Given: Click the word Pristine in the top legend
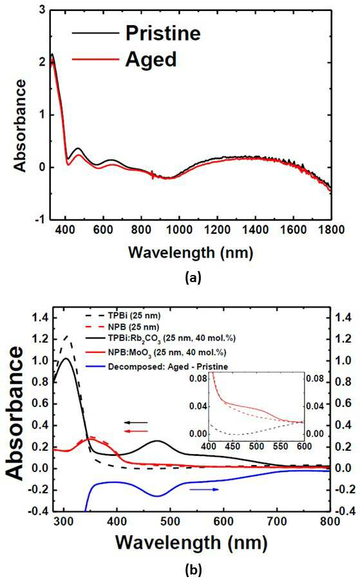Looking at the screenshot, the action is click(x=163, y=33).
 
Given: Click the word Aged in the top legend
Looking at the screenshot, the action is click(x=151, y=60).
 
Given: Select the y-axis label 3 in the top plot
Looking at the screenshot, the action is click(x=43, y=10).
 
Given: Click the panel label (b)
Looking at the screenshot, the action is click(x=194, y=570).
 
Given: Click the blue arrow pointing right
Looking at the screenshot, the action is click(x=204, y=489).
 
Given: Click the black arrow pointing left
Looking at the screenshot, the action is click(x=136, y=422).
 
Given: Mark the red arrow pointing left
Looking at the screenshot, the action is click(x=136, y=432).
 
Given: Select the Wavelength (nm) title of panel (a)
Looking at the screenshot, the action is click(x=191, y=253).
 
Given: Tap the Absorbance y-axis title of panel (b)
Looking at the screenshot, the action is click(x=15, y=413).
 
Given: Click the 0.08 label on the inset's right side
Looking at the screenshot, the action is click(x=315, y=379).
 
